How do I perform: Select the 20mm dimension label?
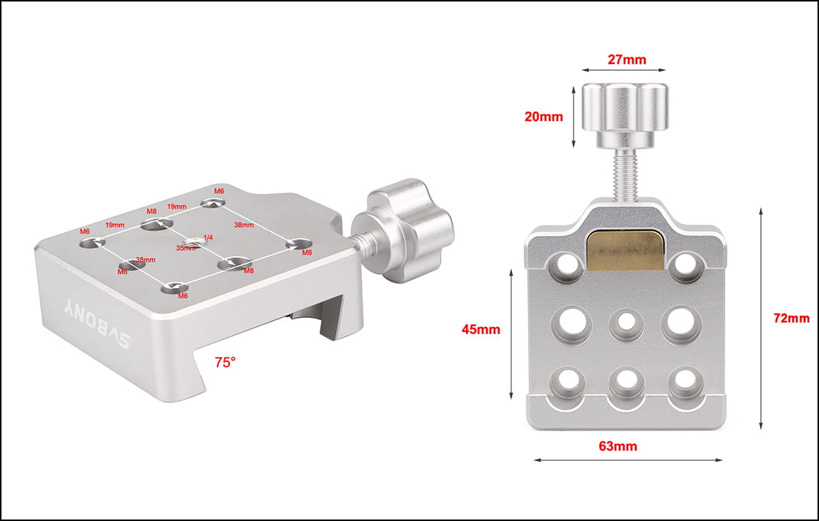pos(543,117)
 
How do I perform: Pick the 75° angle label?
pos(225,362)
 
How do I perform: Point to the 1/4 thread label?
pos(208,237)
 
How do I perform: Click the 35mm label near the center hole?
pos(185,248)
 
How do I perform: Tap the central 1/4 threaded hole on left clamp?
pos(196,240)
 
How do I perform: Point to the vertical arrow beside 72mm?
pos(760,319)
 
